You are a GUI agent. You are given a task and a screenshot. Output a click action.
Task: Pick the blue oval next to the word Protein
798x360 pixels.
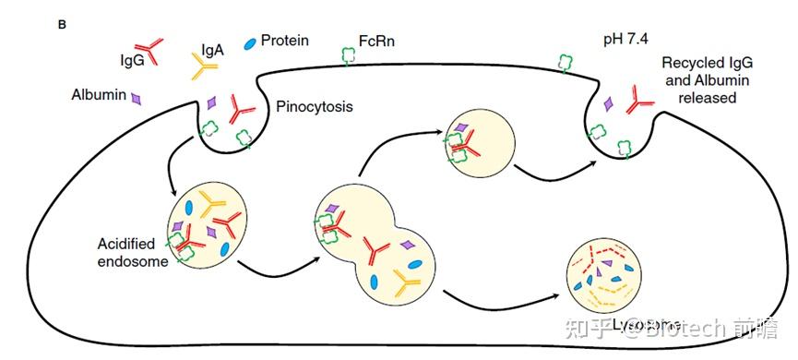click(249, 42)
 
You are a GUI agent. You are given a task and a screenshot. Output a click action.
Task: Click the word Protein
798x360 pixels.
click(284, 41)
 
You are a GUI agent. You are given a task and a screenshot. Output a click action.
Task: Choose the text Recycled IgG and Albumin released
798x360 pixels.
click(711, 80)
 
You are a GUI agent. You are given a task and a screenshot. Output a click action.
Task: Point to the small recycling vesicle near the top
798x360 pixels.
click(479, 141)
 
